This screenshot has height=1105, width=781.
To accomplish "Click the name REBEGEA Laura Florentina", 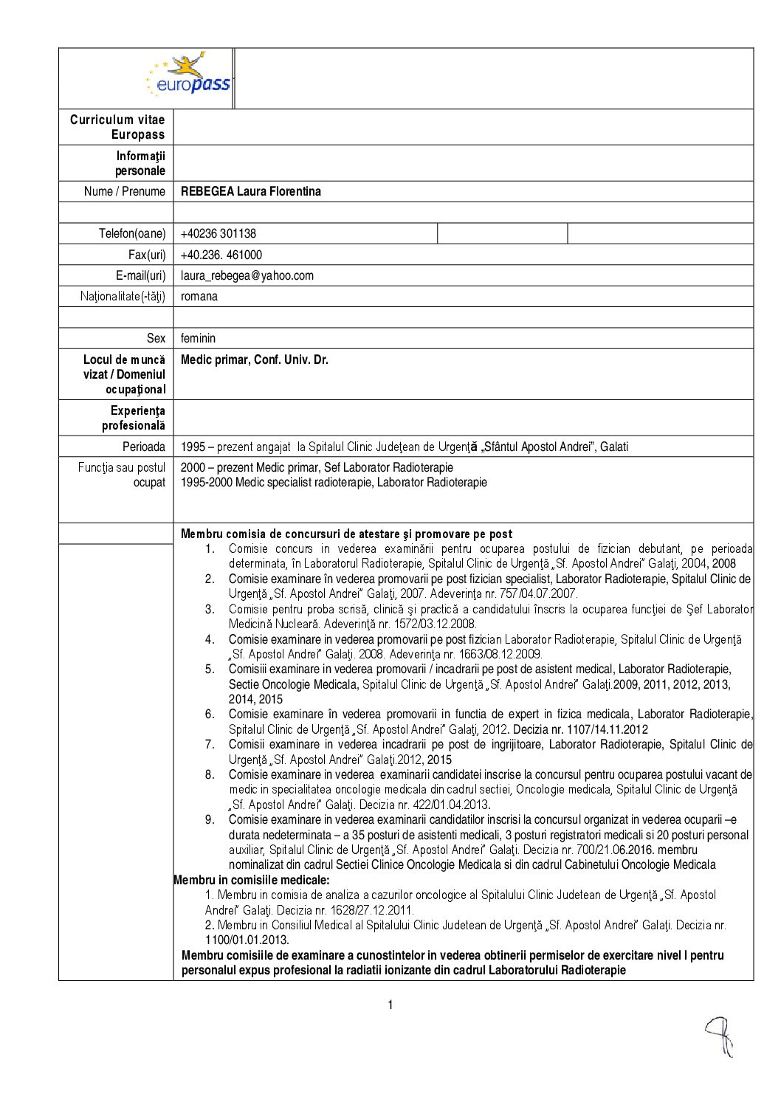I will (251, 191).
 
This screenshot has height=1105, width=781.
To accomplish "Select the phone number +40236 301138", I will (219, 233).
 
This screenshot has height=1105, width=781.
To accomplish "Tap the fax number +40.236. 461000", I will (221, 255).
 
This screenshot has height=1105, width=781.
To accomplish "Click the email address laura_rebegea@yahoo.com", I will (247, 275).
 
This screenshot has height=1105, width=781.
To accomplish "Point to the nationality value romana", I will (199, 296).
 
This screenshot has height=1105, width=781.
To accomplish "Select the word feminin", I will (198, 338).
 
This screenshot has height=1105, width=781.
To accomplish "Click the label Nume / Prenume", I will (125, 191).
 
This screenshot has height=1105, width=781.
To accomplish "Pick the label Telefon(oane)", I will (132, 233).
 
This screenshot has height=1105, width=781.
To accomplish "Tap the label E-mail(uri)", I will (140, 275).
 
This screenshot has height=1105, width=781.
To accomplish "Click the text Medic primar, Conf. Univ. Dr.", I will (255, 359).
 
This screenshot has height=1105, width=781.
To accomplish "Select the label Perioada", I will (144, 447).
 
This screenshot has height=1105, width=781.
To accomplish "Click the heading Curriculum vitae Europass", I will (117, 127).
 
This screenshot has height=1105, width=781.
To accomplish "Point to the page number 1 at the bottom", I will (390, 1005).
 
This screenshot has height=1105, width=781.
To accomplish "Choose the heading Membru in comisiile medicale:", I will (252, 880).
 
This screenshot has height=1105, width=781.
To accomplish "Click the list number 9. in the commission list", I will (210, 819).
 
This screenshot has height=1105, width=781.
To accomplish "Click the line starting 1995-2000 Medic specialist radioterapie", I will (334, 482).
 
